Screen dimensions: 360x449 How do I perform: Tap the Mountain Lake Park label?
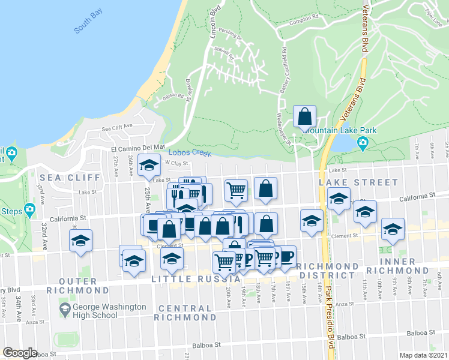pyautogui.click(x=340, y=129)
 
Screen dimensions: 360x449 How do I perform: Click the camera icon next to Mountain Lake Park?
pyautogui.click(x=363, y=142)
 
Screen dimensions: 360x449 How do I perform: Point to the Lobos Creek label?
pyautogui.click(x=190, y=153)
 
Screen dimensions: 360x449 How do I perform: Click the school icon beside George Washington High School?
pyautogui.click(x=65, y=311)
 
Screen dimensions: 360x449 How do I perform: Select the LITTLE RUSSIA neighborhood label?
pyautogui.click(x=191, y=279)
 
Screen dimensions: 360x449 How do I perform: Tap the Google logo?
pyautogui.click(x=20, y=353)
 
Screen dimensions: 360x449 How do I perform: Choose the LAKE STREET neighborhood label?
pyautogui.click(x=358, y=182)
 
